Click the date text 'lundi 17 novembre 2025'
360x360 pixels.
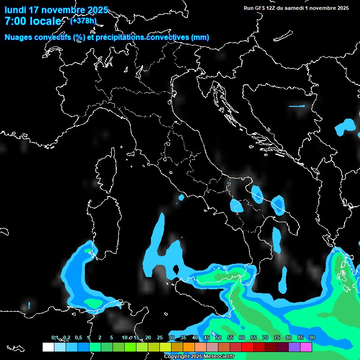(x=56, y=10)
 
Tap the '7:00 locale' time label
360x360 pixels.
(x=33, y=21)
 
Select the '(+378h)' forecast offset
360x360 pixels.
(x=83, y=21)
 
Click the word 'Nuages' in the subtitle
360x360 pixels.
(x=19, y=37)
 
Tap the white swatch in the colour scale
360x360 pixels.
(x=48, y=347)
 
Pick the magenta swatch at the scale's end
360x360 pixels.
(x=306, y=347)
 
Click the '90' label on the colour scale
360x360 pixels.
(x=312, y=338)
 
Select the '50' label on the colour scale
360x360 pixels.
(x=218, y=338)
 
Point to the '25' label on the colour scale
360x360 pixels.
(x=160, y=338)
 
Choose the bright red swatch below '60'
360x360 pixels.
(x=247, y=347)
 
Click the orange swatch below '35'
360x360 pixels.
(x=189, y=347)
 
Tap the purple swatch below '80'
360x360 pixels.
(x=294, y=347)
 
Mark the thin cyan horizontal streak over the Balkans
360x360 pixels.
(x=296, y=106)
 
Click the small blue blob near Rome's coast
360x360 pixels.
(x=181, y=198)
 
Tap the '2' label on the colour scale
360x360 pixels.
(x=100, y=338)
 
